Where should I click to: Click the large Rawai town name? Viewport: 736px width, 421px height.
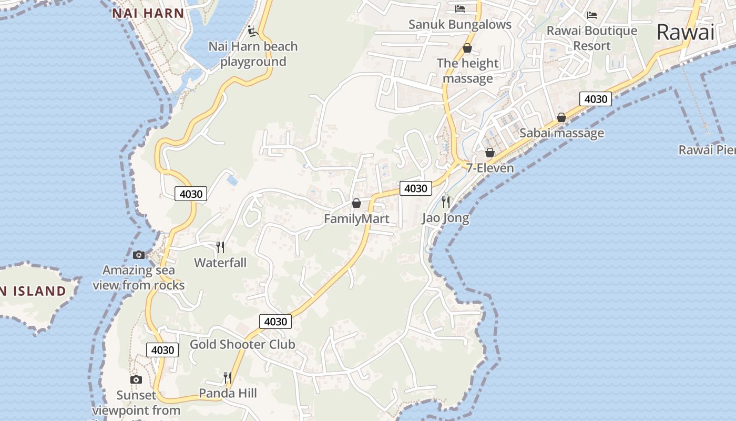click(685, 33)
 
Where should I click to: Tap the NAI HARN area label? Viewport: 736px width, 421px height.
click(148, 14)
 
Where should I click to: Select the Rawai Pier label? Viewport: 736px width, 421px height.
click(707, 150)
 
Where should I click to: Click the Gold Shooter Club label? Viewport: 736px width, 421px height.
click(242, 345)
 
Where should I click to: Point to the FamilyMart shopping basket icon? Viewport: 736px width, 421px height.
click(356, 203)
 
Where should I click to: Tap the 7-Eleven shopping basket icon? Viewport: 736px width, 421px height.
click(490, 153)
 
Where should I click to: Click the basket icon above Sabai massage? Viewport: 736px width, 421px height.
click(561, 117)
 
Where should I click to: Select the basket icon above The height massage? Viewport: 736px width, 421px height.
click(467, 48)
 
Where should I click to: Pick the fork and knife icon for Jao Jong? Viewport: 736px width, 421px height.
click(446, 202)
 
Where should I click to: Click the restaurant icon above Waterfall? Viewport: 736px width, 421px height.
click(220, 247)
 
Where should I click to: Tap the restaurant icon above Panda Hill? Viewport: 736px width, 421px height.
click(227, 377)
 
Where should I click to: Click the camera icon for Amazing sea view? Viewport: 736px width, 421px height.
click(139, 255)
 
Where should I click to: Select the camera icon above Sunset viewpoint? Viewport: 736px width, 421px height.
click(136, 379)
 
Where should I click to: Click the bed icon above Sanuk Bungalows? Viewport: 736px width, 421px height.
click(460, 9)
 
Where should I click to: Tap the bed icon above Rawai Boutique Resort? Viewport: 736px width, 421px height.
click(592, 15)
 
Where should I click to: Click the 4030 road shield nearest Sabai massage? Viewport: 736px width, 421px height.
click(596, 99)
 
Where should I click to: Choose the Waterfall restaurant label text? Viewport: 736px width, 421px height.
click(220, 263)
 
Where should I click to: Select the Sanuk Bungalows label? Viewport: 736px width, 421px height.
click(460, 25)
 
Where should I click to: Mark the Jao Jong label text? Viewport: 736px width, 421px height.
click(445, 218)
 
